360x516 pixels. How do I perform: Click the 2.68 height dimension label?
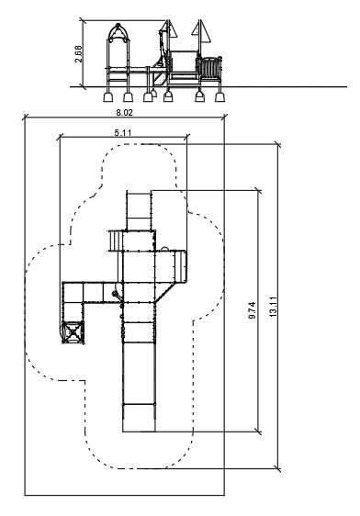click(78, 53)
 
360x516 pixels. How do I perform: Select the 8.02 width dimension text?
click(124, 113)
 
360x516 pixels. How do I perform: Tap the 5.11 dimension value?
click(123, 132)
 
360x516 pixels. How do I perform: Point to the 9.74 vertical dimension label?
click(253, 310)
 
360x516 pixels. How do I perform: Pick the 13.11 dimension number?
click(274, 307)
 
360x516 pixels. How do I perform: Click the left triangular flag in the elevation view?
click(172, 29)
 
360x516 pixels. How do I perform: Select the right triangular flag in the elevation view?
click(203, 31)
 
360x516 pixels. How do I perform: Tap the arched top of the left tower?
click(118, 33)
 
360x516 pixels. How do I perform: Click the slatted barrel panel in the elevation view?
click(209, 68)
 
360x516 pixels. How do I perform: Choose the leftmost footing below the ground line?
click(108, 97)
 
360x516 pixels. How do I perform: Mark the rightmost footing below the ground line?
click(219, 97)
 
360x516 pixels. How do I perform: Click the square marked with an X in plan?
click(73, 332)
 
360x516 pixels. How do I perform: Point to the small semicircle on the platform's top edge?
click(165, 249)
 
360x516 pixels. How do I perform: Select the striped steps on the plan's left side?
click(115, 241)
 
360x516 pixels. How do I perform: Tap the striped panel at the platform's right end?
click(180, 266)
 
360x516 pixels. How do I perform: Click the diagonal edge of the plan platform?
click(164, 292)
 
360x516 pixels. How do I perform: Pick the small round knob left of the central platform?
click(115, 294)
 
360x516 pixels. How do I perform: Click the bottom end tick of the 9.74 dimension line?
click(258, 432)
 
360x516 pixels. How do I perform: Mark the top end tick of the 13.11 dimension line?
click(277, 144)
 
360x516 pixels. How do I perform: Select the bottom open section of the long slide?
click(139, 417)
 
